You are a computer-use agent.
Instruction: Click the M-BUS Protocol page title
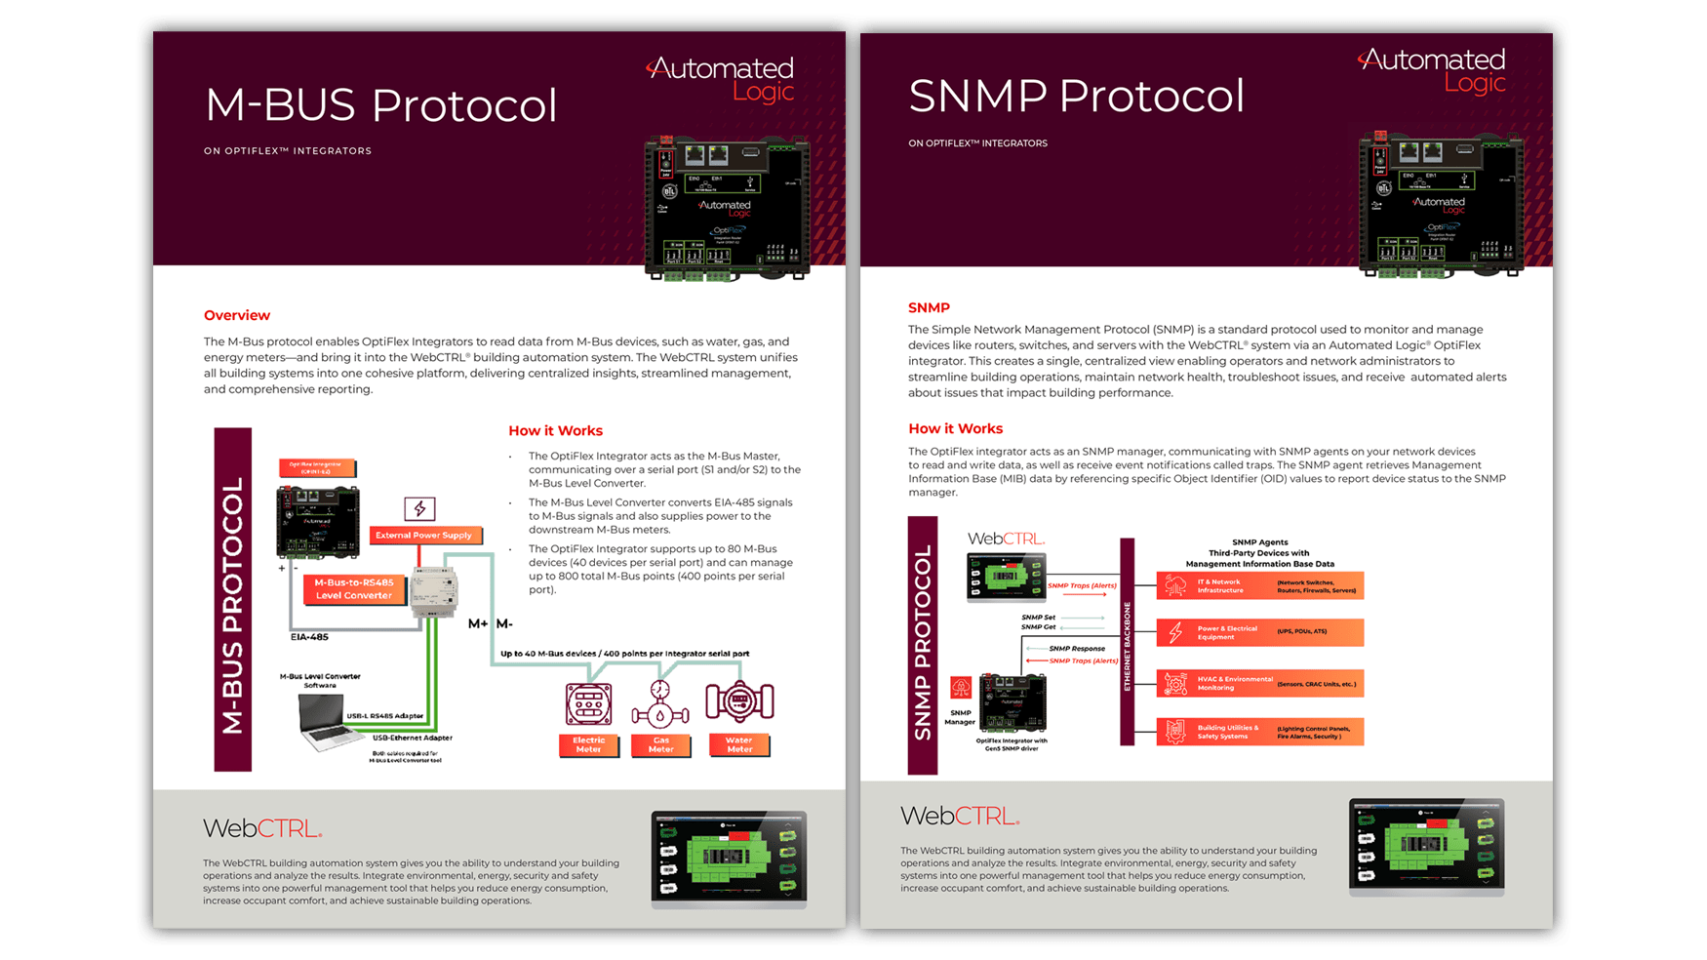380,105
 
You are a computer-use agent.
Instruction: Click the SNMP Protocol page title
1076,96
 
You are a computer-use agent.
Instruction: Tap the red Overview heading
237,315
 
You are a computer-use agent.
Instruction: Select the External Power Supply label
423,535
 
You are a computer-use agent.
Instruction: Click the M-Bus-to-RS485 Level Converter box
354,588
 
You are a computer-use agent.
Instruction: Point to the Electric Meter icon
588,704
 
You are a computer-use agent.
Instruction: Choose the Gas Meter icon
660,704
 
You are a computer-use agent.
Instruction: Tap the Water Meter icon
739,702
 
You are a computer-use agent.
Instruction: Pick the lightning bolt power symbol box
419,508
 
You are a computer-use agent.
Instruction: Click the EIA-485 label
309,637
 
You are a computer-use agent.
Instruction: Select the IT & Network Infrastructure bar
1259,585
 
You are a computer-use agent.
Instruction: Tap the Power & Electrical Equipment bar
1259,632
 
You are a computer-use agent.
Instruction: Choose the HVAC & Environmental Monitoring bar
1259,683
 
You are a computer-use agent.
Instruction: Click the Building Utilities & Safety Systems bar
1259,732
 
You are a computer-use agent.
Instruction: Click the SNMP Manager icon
961,689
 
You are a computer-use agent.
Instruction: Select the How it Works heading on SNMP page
955,428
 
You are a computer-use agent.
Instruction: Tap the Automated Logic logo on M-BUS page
723,79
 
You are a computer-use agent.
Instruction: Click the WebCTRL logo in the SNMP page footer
960,816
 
